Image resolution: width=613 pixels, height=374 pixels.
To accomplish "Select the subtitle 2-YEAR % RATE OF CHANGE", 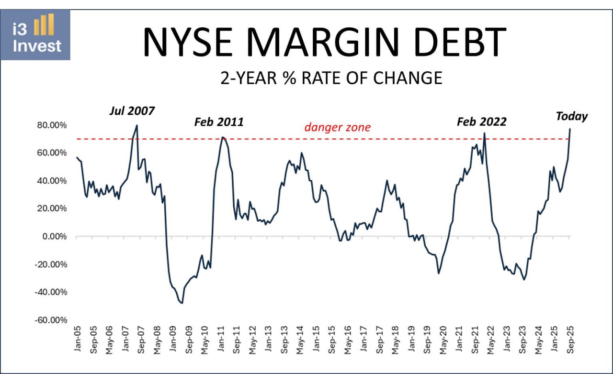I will coord(331,78).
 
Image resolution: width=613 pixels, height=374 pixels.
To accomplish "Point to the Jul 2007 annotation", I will coord(131,111).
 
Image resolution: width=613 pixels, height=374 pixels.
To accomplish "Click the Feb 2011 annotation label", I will coord(219,122).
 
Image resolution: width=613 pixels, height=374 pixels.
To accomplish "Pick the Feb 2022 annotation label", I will coord(481,122).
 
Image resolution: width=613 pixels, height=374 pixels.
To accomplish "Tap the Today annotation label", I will coord(571,116).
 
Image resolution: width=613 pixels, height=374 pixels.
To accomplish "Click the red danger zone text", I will coord(338,127).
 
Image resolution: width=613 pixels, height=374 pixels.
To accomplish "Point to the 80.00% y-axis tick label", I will coord(52,125).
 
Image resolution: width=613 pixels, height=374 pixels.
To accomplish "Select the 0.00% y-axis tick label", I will coord(54,237).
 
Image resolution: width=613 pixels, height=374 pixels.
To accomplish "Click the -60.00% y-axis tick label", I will coord(50,320).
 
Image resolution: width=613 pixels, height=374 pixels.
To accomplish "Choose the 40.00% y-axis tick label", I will coord(52,181).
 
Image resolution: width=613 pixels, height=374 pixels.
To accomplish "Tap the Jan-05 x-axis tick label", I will coord(78,340).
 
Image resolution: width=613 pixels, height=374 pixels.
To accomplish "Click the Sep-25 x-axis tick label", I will coord(570,340).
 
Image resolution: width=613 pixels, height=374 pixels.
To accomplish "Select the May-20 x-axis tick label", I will coord(443,340).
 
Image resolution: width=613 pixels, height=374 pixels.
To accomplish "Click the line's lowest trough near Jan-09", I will coord(182,303).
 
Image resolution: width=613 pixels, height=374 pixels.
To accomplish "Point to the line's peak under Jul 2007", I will coord(137,126).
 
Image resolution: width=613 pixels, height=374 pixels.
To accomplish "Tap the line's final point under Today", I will coord(570,129).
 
